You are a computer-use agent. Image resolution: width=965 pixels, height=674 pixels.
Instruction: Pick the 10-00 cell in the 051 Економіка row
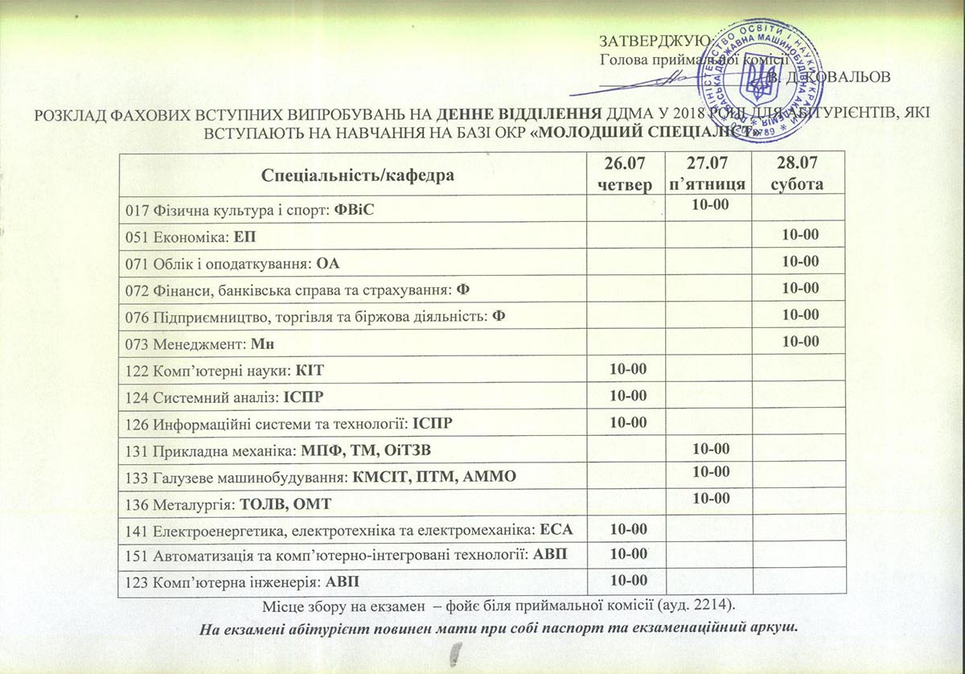[x=799, y=236]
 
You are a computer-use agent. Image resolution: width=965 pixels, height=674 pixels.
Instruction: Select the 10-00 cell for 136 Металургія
[x=709, y=499]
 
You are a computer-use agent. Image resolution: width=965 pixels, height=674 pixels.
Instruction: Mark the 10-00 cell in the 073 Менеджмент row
[x=799, y=342]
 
